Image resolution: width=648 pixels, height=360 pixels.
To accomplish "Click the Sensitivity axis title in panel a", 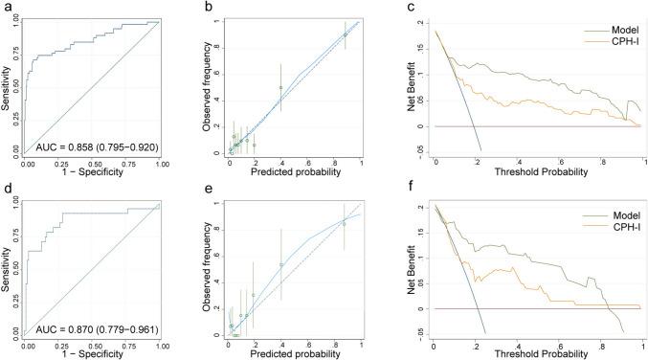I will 6,86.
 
